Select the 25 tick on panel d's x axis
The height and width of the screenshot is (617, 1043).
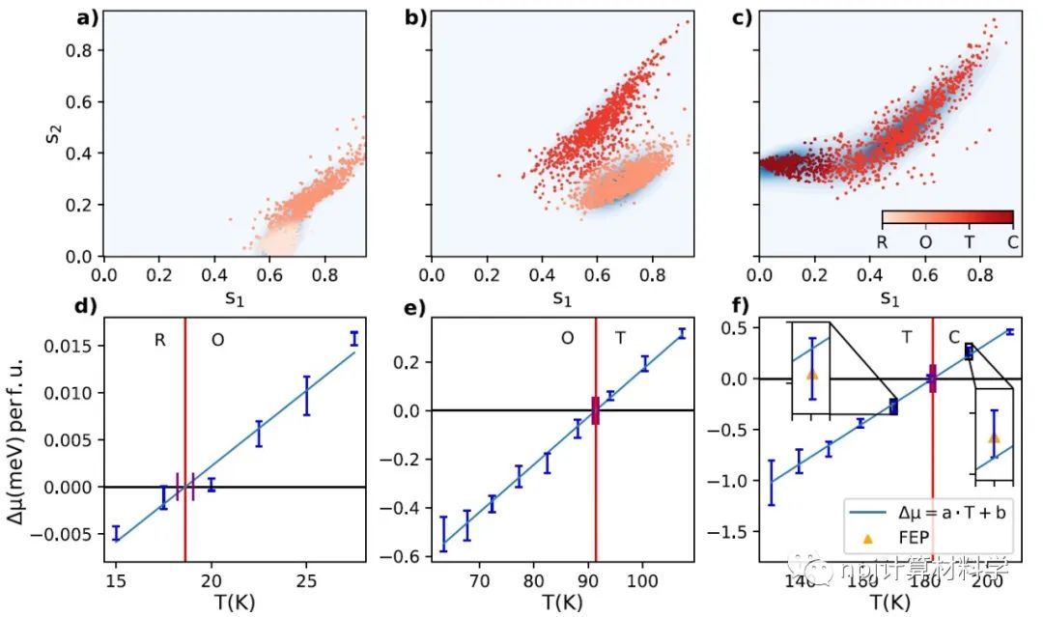[x=305, y=580]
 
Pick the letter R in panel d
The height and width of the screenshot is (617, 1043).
[x=160, y=340]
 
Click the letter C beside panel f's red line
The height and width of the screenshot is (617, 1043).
[x=954, y=338]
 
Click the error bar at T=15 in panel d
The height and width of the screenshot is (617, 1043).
[x=116, y=534]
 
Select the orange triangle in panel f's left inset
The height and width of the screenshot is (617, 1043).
[x=811, y=374]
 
